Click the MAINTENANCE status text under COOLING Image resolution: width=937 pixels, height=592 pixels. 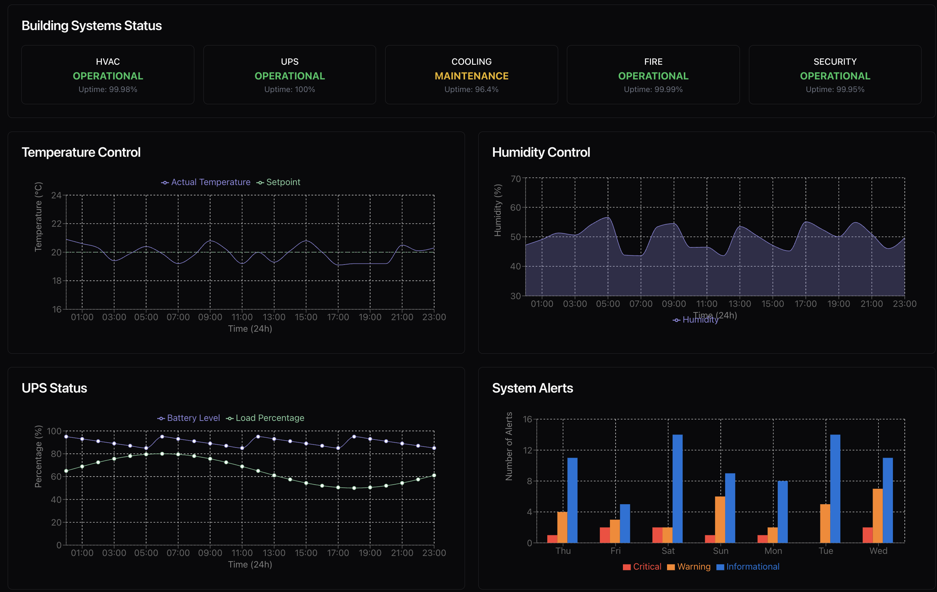tap(471, 76)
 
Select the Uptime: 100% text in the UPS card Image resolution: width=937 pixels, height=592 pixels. tap(290, 90)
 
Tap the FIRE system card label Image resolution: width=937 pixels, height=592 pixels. tap(653, 62)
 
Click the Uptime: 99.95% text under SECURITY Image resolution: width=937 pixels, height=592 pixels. tap(835, 90)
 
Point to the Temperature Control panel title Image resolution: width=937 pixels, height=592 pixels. tap(81, 152)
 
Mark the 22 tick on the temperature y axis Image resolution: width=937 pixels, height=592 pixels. tap(56, 224)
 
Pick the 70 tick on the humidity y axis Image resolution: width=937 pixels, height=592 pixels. tap(515, 178)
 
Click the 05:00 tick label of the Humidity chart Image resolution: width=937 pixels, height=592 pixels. tap(608, 304)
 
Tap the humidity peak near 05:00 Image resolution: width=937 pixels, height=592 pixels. tap(608, 217)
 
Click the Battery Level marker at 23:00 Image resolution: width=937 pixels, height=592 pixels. tap(434, 448)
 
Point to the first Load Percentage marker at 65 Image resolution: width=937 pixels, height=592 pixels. tap(66, 471)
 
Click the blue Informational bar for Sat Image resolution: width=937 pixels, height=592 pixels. tap(678, 488)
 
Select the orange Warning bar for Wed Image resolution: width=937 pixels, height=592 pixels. tap(877, 515)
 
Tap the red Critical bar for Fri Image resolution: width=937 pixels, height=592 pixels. tap(605, 535)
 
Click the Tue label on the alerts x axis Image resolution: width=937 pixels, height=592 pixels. tap(825, 551)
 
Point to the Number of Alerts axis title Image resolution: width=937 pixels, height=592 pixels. tap(508, 446)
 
